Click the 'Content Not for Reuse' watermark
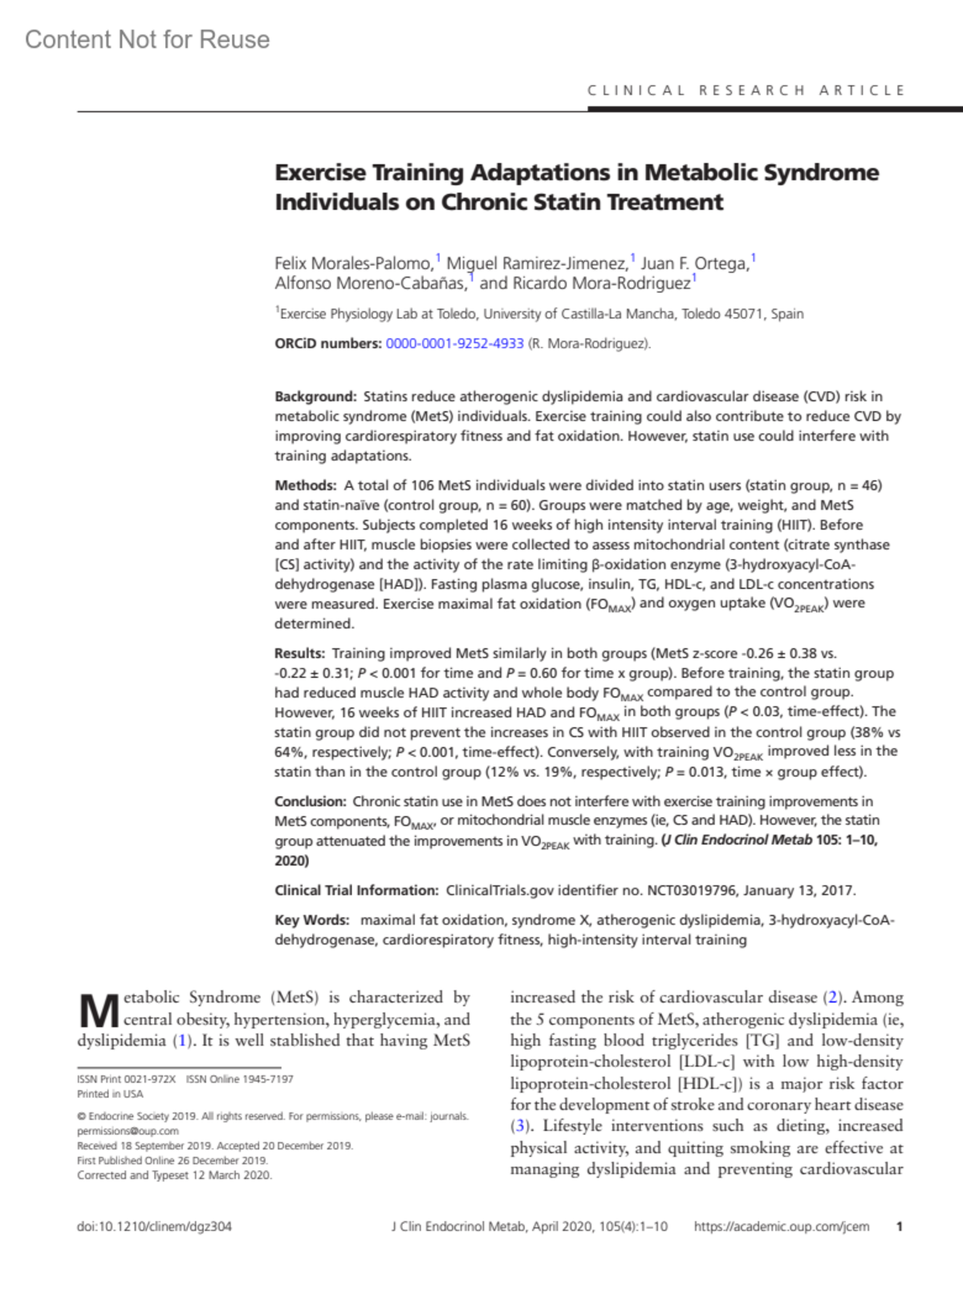click(148, 40)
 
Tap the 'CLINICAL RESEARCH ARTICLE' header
click(746, 91)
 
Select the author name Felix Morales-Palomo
click(353, 263)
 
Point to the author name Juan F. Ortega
click(694, 263)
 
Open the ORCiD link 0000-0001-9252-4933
click(454, 344)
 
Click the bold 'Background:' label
click(315, 396)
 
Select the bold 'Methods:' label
click(305, 486)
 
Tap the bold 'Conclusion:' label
click(310, 802)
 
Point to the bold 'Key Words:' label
click(311, 920)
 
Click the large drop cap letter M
click(99, 1011)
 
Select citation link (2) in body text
click(834, 998)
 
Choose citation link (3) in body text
click(521, 1126)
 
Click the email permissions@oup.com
click(128, 1131)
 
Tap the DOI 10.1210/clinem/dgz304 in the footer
click(154, 1226)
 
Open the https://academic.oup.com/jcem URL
click(781, 1226)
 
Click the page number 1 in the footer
click(900, 1226)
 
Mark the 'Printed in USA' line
click(110, 1094)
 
